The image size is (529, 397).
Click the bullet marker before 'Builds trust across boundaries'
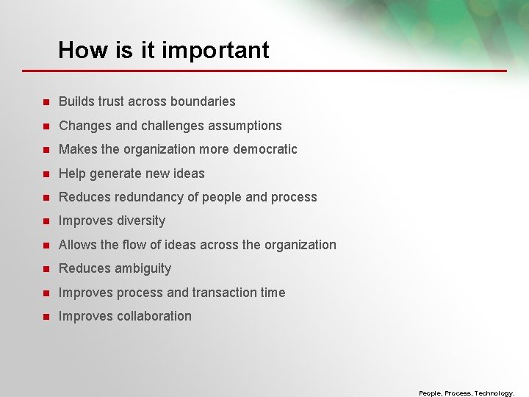(45, 101)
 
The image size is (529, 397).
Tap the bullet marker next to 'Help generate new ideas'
(45, 174)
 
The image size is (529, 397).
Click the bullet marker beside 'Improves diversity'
(45, 221)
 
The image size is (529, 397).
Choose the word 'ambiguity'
(142, 269)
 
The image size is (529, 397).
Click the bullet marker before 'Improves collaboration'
(45, 316)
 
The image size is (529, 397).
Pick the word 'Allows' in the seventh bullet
(77, 245)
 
